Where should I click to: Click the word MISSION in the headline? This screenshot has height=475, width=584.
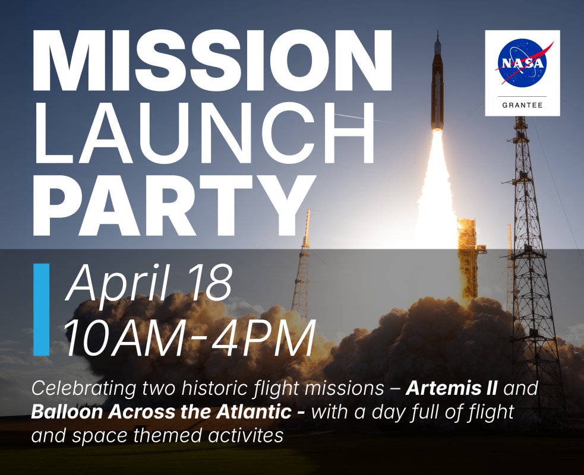pos(213,61)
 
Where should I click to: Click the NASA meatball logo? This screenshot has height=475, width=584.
pos(523,62)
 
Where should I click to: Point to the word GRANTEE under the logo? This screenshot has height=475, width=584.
pos(522,105)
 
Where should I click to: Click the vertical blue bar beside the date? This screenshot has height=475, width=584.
pos(42,309)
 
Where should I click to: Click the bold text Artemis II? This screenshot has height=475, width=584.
pos(452,388)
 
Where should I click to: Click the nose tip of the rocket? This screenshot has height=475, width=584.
pos(438,33)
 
